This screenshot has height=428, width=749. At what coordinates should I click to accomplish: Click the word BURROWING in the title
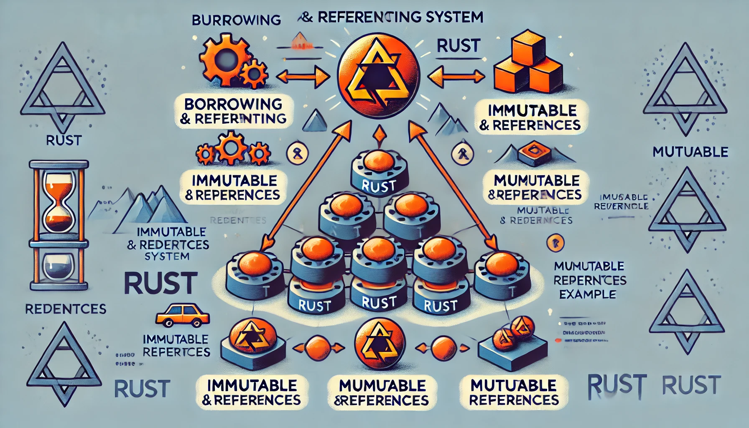(x=236, y=20)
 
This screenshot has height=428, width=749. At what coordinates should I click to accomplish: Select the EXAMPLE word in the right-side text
(x=587, y=294)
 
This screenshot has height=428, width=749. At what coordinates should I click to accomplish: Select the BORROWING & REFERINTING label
(x=234, y=111)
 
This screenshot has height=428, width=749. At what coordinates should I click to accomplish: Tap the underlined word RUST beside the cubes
(x=459, y=46)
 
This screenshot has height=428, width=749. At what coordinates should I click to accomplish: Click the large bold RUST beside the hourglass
(x=160, y=283)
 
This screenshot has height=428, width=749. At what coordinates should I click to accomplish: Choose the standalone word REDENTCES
(x=66, y=309)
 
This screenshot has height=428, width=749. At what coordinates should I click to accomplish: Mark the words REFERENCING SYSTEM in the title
(x=400, y=18)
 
